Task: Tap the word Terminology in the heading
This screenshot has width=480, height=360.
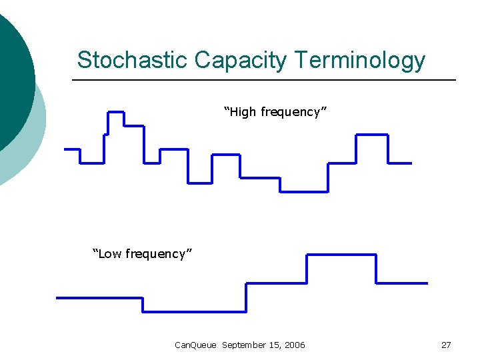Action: pyautogui.click(x=360, y=60)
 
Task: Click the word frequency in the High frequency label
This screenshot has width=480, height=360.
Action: pyautogui.click(x=292, y=112)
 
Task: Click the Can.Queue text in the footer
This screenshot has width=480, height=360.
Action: pyautogui.click(x=195, y=345)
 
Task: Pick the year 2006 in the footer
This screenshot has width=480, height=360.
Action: pyautogui.click(x=294, y=345)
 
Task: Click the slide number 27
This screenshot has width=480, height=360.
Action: pyautogui.click(x=446, y=345)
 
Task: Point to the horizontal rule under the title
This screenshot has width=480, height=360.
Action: pyautogui.click(x=263, y=80)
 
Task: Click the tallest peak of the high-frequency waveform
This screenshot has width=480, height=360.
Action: pyautogui.click(x=116, y=111)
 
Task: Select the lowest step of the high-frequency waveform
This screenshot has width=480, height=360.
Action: pyautogui.click(x=303, y=192)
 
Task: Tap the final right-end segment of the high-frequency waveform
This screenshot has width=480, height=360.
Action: pyautogui.click(x=400, y=163)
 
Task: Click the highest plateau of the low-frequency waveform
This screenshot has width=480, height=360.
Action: pyautogui.click(x=341, y=255)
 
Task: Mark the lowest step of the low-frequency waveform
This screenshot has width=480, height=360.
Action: pyautogui.click(x=195, y=311)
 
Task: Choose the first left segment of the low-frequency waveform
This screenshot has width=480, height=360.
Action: pyautogui.click(x=100, y=297)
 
